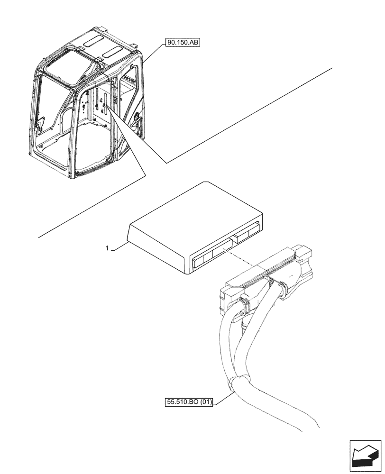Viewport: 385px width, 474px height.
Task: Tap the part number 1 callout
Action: (x=107, y=248)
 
